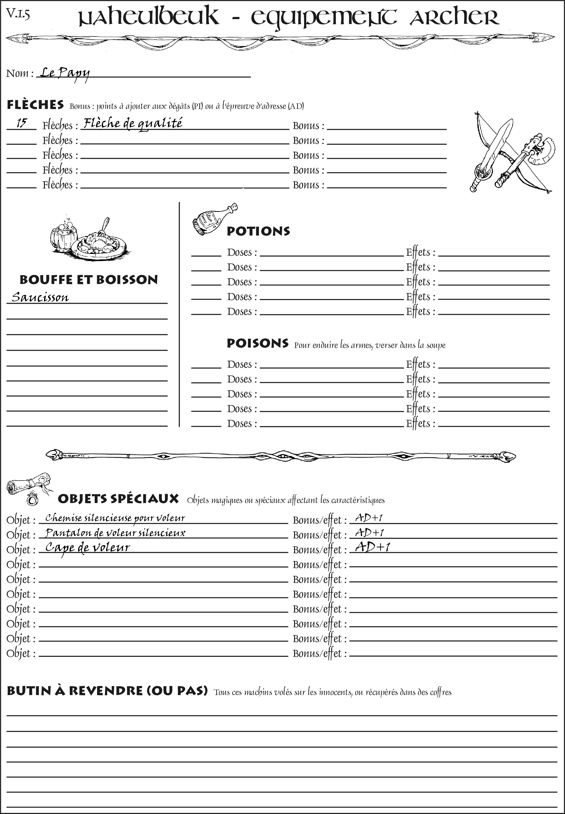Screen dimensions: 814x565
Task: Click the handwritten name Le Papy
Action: point(64,73)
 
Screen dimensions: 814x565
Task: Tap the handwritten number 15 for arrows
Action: point(21,123)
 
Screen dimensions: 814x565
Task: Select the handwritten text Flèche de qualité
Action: point(133,123)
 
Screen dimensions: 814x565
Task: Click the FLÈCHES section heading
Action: point(35,105)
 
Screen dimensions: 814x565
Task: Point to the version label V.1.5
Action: point(18,14)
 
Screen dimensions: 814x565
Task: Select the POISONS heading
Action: point(257,343)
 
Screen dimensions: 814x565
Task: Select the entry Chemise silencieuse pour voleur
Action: point(115,518)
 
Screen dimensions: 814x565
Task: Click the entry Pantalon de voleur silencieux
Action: point(115,533)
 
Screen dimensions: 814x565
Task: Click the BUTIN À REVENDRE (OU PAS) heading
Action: point(107,691)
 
